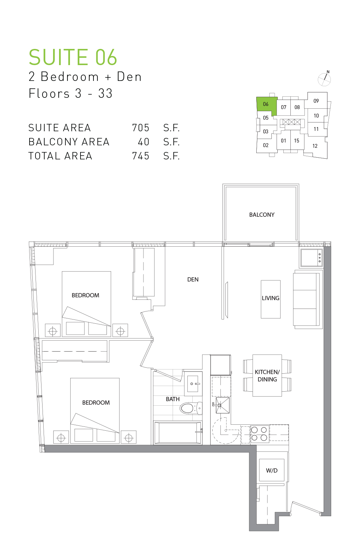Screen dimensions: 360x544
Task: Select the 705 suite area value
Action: coord(141,128)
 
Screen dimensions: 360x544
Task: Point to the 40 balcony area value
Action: coord(143,142)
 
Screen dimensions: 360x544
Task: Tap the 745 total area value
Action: coord(141,156)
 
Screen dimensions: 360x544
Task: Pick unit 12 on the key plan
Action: coord(315,146)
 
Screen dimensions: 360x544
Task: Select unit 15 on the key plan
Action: coord(297,141)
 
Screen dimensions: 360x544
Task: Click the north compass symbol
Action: coord(324,79)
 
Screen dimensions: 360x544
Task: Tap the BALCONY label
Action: coord(262,215)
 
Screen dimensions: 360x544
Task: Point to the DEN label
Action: coord(193,279)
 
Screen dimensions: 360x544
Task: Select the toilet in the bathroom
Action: coord(191,408)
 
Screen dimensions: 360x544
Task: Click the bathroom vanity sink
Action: coord(193,384)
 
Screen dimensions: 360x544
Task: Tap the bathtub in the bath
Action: coord(178,433)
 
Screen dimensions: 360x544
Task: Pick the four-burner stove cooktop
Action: coord(259,434)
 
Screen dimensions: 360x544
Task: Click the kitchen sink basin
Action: coord(223,405)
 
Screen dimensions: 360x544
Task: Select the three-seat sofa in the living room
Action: coord(307,299)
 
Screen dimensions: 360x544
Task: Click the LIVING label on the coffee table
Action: coord(270,298)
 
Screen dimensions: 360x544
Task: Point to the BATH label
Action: coord(173,399)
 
